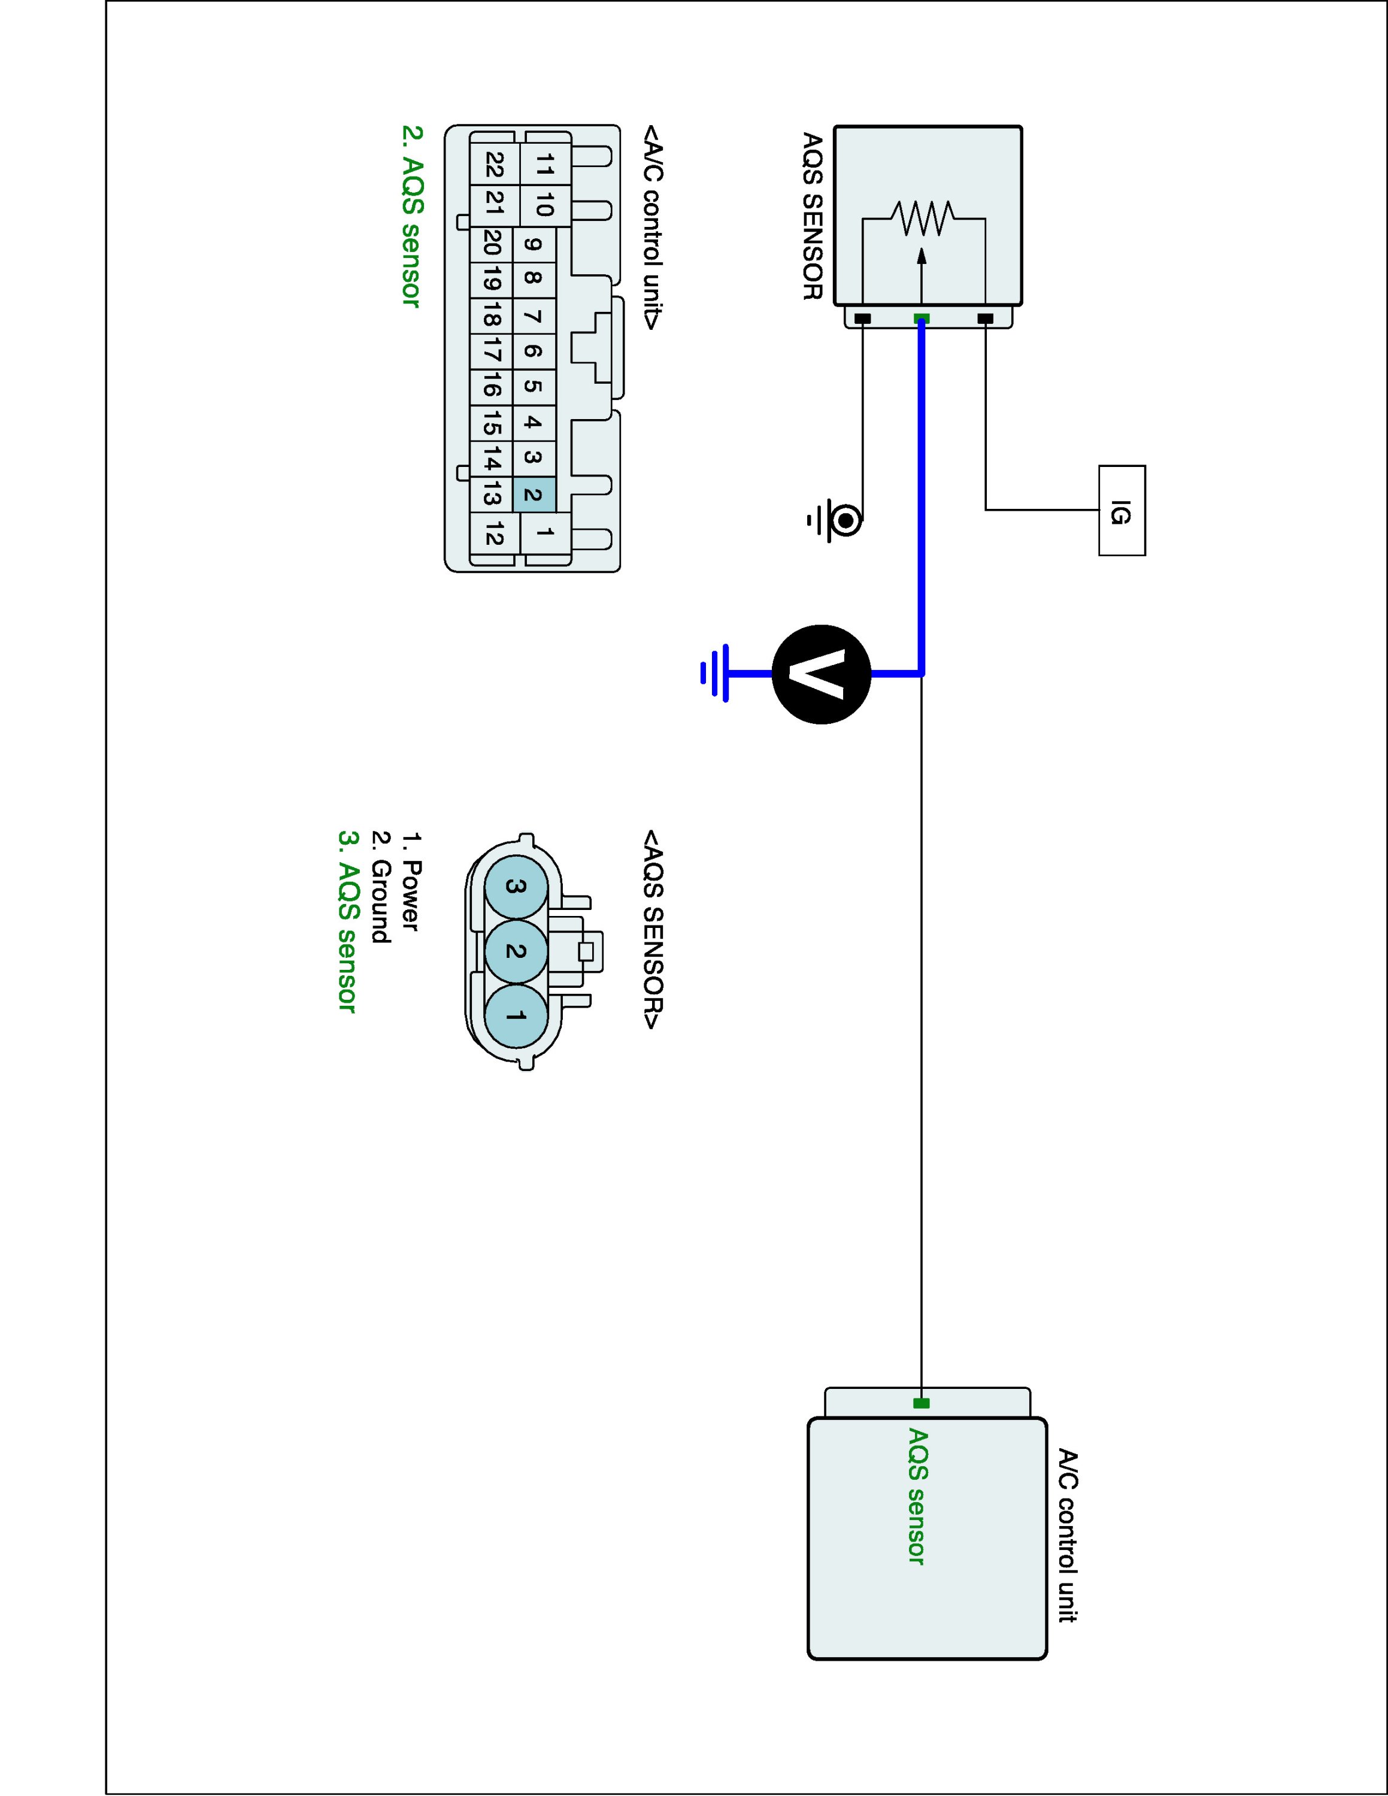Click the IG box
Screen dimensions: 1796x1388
[x=1122, y=511]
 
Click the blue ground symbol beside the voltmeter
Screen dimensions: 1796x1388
[x=714, y=673]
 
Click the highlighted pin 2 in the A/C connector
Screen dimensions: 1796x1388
[x=533, y=495]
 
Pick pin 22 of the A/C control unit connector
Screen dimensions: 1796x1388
[x=493, y=165]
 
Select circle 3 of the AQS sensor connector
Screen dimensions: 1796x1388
[x=516, y=887]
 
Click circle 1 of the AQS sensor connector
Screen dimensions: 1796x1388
[x=516, y=1017]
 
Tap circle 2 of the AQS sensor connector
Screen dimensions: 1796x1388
[x=516, y=951]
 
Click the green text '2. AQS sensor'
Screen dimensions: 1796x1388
[x=411, y=216]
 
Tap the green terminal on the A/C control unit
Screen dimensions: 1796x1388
[x=921, y=1403]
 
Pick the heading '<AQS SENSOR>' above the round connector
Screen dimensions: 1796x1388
[x=653, y=929]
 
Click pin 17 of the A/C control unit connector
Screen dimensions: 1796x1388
[x=492, y=351]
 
